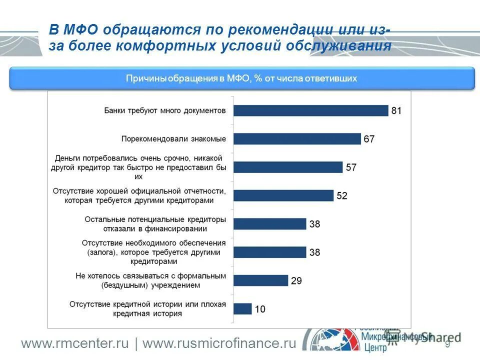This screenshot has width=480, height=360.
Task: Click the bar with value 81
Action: pos(310,110)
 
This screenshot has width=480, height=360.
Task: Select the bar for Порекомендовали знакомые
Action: pos(297,139)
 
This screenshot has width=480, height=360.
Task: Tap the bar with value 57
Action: pos(288,167)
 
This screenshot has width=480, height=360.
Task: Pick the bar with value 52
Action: pos(283,195)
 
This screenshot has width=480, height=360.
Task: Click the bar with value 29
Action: pos(260,280)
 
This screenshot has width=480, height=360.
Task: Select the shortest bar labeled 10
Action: pos(242,309)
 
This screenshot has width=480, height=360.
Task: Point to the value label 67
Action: pos(369,139)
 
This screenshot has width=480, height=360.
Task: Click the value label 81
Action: pos(396,111)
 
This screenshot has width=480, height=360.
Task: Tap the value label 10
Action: pos(260,309)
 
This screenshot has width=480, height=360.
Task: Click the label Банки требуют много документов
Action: pos(165,110)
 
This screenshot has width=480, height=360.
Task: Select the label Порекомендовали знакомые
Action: pos(173,139)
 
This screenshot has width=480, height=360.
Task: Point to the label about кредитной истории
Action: pos(147,309)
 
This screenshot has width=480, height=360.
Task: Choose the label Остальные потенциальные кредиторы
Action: pos(155,224)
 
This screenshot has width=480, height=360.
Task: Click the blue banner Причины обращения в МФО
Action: pos(241,78)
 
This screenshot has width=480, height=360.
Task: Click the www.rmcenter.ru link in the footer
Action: pos(75,344)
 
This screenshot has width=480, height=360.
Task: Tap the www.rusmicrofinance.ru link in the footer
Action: pos(219,344)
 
